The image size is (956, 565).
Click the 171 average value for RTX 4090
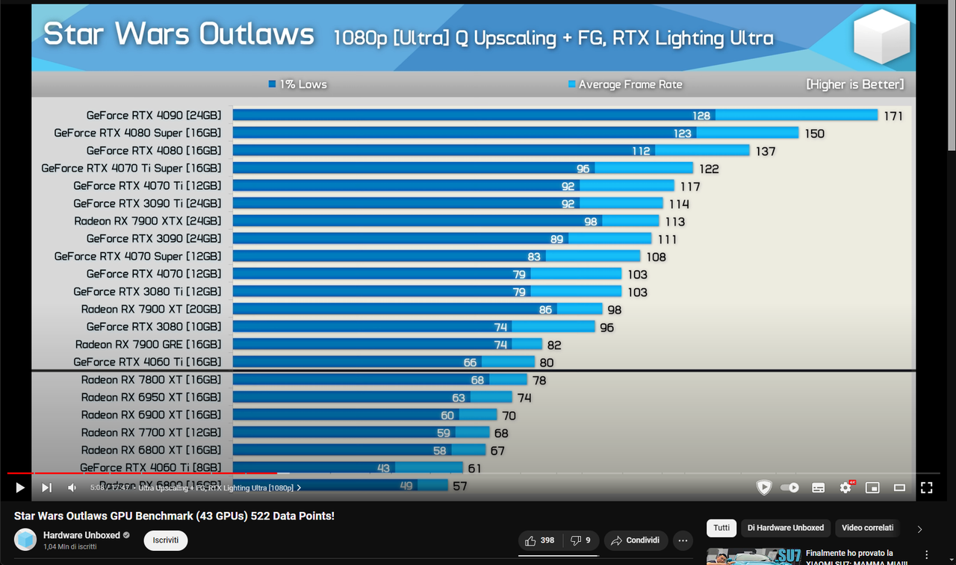point(893,116)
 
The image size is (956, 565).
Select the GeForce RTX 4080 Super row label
point(137,133)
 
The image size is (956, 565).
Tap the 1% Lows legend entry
point(298,84)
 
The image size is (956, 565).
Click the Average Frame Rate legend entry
point(625,84)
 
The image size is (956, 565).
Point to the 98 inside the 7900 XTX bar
point(591,222)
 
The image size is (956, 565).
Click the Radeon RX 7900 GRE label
point(148,344)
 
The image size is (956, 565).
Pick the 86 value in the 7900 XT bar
point(545,310)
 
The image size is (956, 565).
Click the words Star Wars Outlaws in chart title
point(179,35)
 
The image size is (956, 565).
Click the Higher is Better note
point(854,84)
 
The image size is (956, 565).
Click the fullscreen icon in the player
point(926,487)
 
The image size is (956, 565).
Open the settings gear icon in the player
point(845,487)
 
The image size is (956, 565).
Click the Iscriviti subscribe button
point(166,540)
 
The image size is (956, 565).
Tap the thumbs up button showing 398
point(539,540)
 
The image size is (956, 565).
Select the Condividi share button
point(636,540)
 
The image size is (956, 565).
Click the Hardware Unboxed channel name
point(81,535)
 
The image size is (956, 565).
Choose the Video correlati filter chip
point(867,528)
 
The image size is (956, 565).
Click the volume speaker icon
point(72,487)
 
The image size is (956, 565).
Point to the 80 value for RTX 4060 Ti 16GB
point(547,363)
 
